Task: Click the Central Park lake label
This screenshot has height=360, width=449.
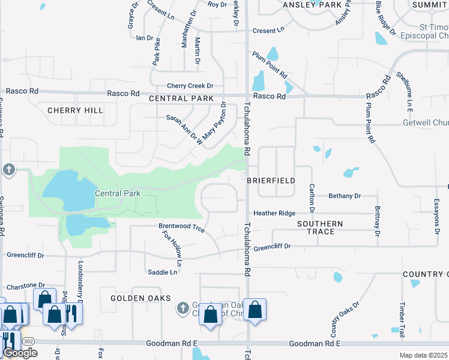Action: (x=118, y=193)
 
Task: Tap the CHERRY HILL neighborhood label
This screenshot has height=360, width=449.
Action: (x=75, y=110)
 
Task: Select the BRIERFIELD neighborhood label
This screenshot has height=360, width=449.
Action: (x=271, y=180)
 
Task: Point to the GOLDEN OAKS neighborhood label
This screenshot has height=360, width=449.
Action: (x=140, y=298)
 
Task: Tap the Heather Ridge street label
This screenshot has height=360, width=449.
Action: (x=274, y=213)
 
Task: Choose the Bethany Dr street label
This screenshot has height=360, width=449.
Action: (x=345, y=196)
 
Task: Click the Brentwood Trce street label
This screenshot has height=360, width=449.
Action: (x=181, y=228)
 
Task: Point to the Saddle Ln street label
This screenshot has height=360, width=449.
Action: (x=163, y=272)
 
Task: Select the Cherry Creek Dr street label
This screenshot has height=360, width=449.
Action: (x=190, y=86)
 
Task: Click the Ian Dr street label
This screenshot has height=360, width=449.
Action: (x=145, y=38)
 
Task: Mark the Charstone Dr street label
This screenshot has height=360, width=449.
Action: (x=25, y=286)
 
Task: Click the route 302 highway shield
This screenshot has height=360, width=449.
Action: (x=28, y=340)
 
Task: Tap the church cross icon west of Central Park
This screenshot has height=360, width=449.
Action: (x=9, y=170)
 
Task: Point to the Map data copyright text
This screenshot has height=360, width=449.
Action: (x=423, y=355)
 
